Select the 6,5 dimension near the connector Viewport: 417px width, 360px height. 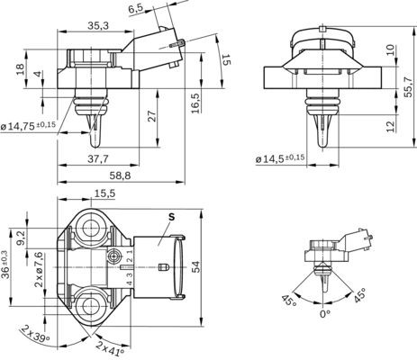click(136, 8)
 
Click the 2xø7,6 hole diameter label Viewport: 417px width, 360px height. click(39, 269)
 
